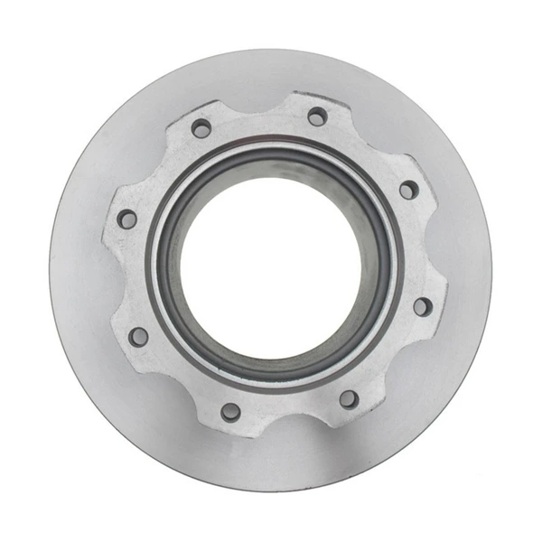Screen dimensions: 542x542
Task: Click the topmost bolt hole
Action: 317,117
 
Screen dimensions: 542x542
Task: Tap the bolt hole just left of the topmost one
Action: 201,128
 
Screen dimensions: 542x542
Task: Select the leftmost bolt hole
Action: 127,219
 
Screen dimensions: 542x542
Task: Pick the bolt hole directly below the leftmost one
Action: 138,336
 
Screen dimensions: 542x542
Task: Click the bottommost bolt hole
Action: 231,412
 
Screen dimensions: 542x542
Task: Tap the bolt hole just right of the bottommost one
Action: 349,398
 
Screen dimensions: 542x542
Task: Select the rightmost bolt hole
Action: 422,306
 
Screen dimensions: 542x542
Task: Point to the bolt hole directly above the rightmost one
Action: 409,190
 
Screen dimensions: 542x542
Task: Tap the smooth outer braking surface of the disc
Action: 271,470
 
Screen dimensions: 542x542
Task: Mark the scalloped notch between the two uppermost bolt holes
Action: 257,107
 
